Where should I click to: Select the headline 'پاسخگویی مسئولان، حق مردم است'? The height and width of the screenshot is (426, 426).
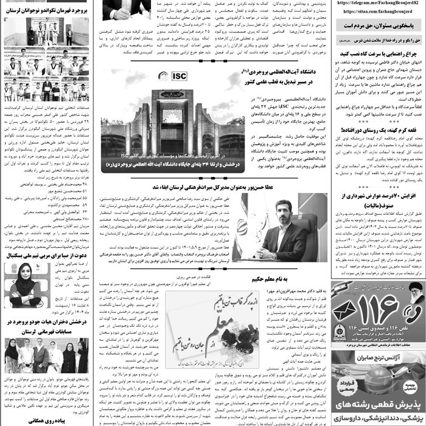point(377,26)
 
